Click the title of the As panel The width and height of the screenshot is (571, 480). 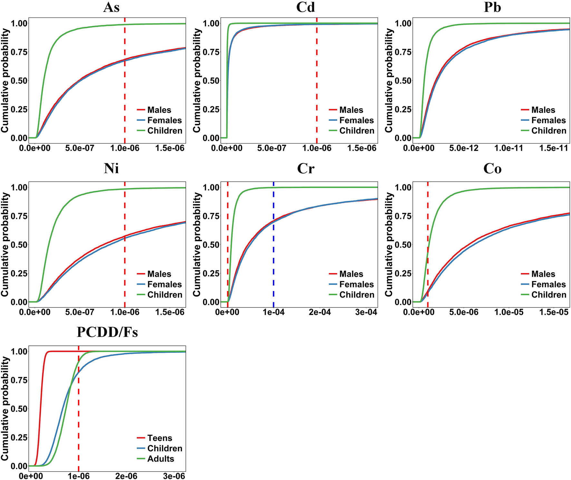pyautogui.click(x=111, y=7)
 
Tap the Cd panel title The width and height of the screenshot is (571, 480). pyautogui.click(x=305, y=7)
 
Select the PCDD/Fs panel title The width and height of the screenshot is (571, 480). pyautogui.click(x=107, y=332)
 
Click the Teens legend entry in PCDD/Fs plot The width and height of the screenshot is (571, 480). pyautogui.click(x=160, y=438)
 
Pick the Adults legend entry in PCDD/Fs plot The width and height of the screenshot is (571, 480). pyautogui.click(x=160, y=459)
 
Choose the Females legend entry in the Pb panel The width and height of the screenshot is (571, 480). pyautogui.click(x=548, y=120)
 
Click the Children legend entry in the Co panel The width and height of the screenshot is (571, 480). pyautogui.click(x=548, y=295)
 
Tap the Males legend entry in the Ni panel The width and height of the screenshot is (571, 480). pyautogui.click(x=159, y=274)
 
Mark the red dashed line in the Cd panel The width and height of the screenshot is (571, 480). pyautogui.click(x=317, y=80)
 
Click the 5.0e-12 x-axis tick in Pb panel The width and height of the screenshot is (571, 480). pyautogui.click(x=463, y=148)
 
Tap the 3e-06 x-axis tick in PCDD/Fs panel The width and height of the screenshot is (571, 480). pyautogui.click(x=174, y=476)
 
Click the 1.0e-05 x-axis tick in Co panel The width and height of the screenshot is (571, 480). pyautogui.click(x=508, y=313)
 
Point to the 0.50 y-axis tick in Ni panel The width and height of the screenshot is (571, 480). pyautogui.click(x=19, y=245)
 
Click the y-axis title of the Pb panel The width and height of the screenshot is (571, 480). pyautogui.click(x=389, y=80)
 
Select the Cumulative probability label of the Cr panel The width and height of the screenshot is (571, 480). pyautogui.click(x=197, y=245)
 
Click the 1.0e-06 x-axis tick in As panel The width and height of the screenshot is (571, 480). pyautogui.click(x=125, y=148)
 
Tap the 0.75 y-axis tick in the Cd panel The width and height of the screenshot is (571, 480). pyautogui.click(x=211, y=52)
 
